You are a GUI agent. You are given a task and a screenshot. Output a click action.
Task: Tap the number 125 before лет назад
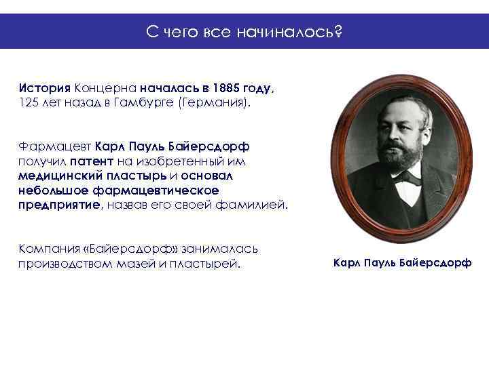(29, 102)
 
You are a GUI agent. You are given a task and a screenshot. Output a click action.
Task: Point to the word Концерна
(105, 88)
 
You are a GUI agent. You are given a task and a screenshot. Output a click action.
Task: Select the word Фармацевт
(54, 146)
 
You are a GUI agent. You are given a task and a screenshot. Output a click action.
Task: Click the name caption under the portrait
(402, 262)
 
